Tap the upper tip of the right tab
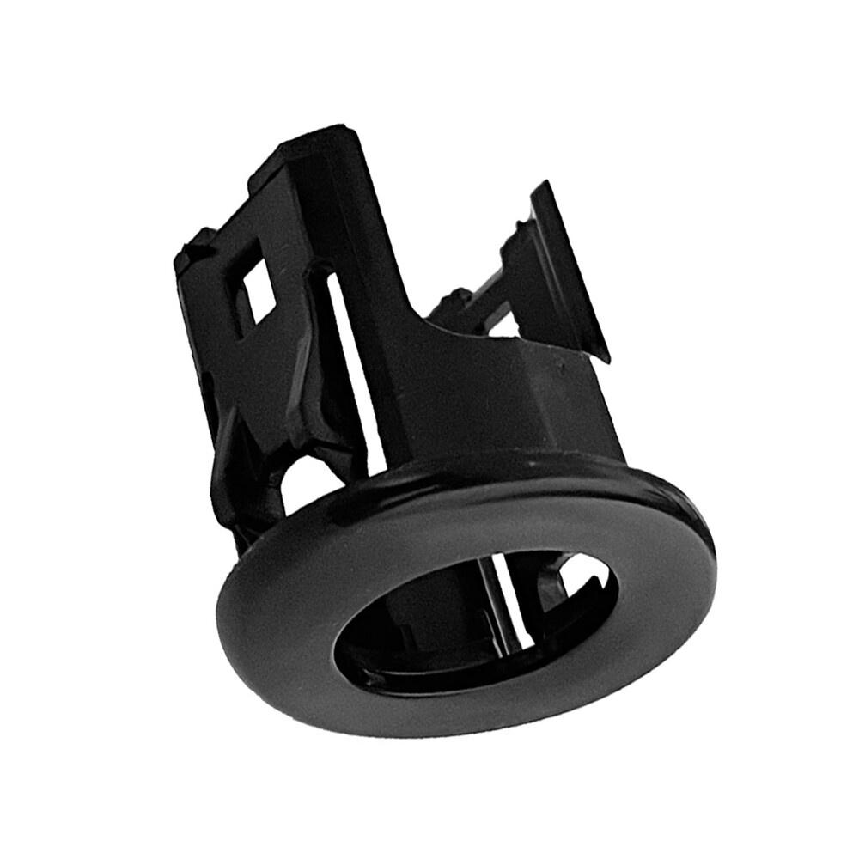pos(541,185)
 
